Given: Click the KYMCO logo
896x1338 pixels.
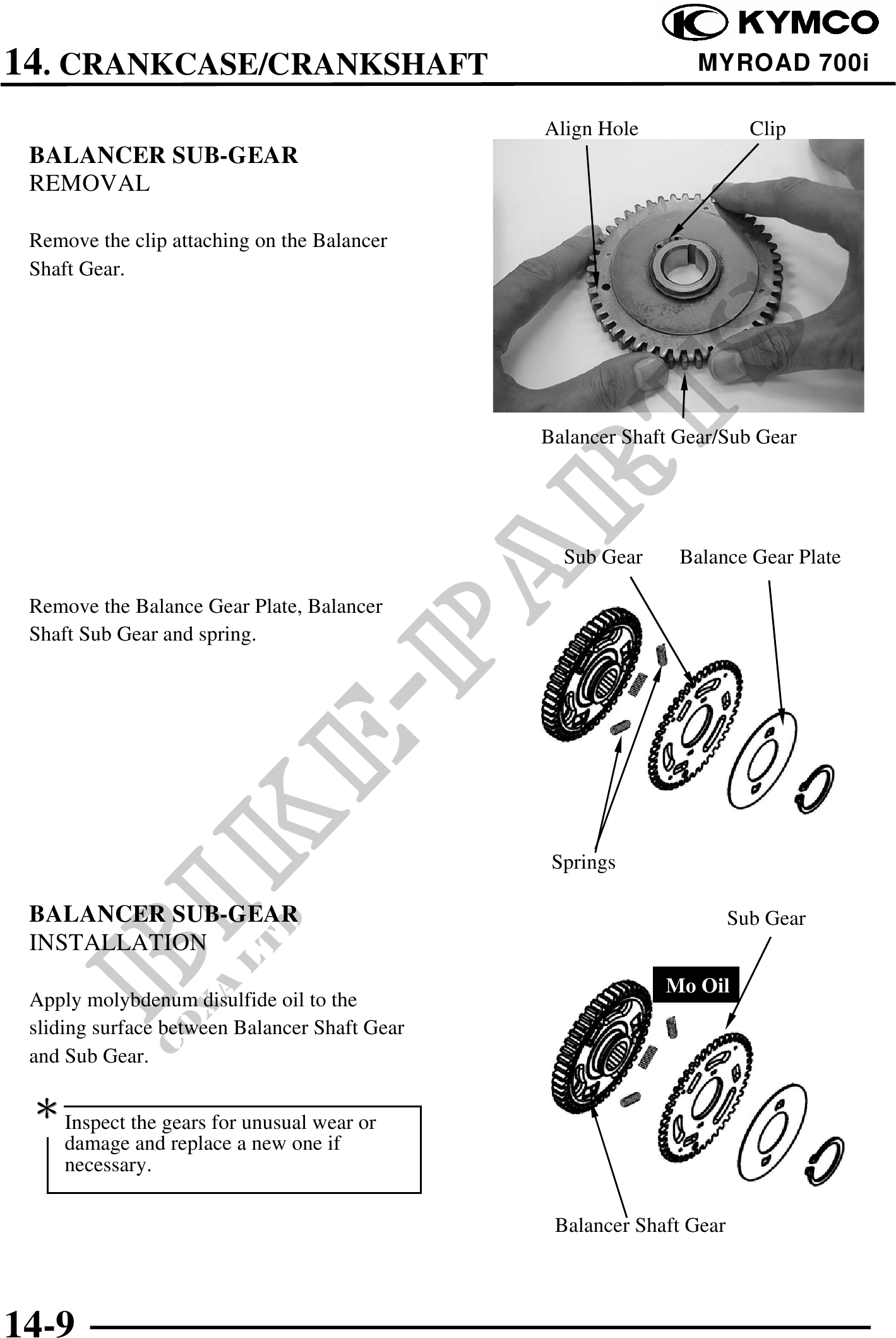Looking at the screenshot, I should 770,23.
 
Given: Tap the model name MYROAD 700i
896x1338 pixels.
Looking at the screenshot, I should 783,63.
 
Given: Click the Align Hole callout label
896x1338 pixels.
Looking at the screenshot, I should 591,129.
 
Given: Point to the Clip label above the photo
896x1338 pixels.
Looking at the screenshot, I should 767,129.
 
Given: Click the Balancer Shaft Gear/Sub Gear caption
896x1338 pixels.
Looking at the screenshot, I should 668,437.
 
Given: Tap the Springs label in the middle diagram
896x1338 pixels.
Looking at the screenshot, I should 583,862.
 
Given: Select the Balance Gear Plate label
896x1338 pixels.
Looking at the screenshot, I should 760,557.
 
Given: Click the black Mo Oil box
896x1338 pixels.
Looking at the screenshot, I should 696,985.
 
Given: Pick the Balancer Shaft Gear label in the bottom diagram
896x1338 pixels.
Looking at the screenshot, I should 640,1225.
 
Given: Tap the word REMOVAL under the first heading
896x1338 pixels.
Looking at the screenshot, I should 90,184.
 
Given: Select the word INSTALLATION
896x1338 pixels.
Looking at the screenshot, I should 117,943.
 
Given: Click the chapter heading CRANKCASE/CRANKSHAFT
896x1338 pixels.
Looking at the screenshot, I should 273,64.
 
